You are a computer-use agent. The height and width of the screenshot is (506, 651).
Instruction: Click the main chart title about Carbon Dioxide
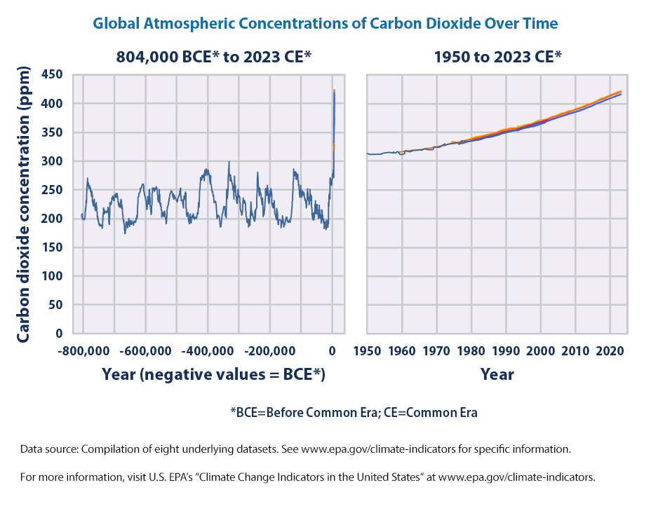(325, 23)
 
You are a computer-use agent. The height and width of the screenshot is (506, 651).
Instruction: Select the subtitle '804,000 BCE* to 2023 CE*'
(213, 57)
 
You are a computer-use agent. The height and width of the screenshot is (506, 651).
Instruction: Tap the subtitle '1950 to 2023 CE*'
(498, 57)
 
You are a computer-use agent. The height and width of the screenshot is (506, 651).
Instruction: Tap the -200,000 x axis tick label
(270, 350)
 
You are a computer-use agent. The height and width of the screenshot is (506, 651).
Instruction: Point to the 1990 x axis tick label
(506, 350)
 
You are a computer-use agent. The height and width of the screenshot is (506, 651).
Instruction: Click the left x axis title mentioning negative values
(213, 374)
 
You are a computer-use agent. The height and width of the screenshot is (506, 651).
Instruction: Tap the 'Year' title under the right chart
(497, 374)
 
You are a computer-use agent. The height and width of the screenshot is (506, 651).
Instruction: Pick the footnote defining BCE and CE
(354, 412)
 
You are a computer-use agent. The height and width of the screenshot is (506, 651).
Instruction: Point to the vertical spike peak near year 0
(334, 90)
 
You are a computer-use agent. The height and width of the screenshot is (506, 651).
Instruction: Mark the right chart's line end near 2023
(621, 93)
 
